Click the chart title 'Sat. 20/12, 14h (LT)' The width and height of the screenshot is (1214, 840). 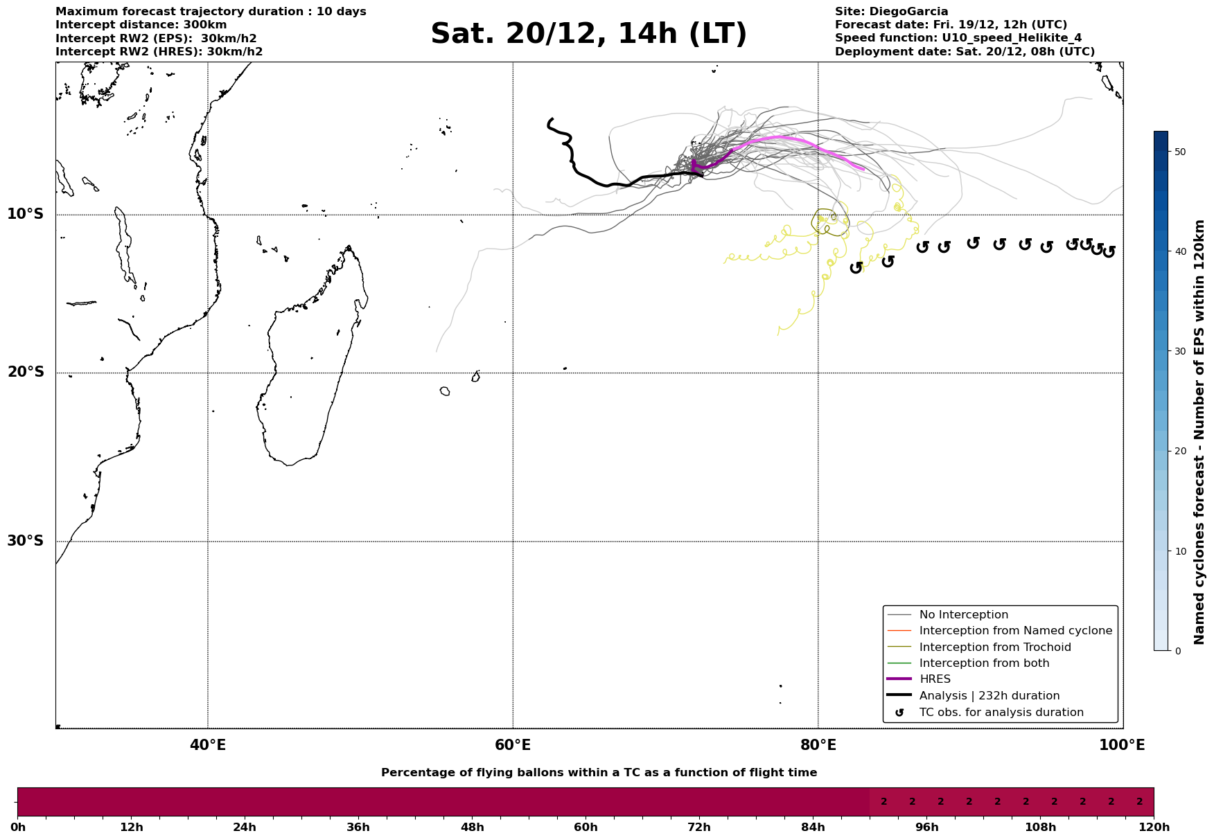click(x=588, y=34)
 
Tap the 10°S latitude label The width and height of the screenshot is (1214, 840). click(x=26, y=214)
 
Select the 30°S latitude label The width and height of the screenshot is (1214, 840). click(x=26, y=541)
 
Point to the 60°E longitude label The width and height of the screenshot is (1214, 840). click(x=513, y=745)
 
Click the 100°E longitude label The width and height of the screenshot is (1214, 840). click(x=1122, y=745)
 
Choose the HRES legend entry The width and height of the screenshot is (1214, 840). click(x=935, y=679)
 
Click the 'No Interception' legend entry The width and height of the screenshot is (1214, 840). click(x=963, y=615)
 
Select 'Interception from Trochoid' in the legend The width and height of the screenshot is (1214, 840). click(x=994, y=647)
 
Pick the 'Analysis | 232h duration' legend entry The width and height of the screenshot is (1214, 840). click(x=989, y=696)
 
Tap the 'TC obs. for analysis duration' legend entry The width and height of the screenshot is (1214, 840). click(x=1001, y=713)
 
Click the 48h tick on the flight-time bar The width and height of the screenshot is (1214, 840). click(x=472, y=827)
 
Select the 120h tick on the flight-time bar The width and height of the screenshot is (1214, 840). click(x=1153, y=827)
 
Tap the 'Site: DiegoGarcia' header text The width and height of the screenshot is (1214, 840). click(x=891, y=12)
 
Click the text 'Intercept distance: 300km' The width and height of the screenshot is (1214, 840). click(x=141, y=25)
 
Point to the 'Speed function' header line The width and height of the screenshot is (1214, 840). click(x=958, y=38)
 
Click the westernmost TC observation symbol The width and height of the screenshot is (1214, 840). click(x=856, y=267)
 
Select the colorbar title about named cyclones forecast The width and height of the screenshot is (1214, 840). click(x=1199, y=432)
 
